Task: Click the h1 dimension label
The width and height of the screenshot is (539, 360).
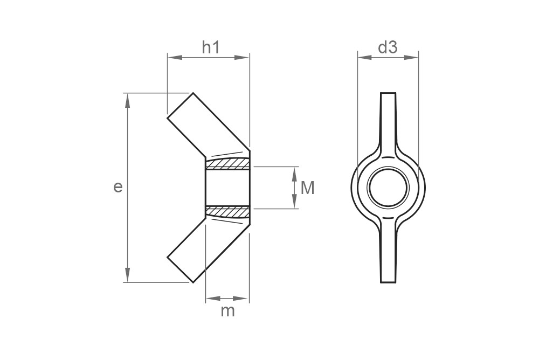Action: click(211, 47)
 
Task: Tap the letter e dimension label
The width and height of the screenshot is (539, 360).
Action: click(118, 187)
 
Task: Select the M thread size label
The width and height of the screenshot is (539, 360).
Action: click(307, 188)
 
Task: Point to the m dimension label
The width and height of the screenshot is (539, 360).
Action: click(228, 311)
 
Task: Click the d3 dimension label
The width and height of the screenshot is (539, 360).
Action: click(387, 47)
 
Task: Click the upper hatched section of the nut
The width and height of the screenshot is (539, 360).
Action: click(228, 163)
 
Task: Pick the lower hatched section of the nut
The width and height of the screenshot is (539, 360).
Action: click(228, 212)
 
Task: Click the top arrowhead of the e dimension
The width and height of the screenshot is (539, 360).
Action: click(128, 98)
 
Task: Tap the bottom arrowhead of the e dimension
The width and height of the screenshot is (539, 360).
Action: click(128, 277)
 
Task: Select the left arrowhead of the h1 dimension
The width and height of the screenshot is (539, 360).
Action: click(172, 57)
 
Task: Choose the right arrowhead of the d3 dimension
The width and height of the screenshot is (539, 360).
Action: click(414, 57)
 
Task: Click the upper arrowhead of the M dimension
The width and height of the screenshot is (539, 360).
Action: click(295, 171)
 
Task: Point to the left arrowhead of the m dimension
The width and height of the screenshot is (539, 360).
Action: click(210, 297)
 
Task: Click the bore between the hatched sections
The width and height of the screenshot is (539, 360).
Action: click(228, 188)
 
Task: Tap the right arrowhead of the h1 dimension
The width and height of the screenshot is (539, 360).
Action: click(245, 57)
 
